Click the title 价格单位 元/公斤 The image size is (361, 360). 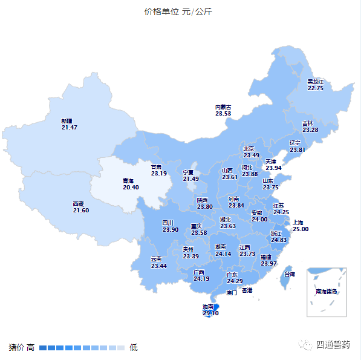178,12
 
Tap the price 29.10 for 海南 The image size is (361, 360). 210,313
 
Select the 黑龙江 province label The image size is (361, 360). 315,81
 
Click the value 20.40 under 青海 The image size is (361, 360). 131,188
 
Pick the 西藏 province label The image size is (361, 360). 78,203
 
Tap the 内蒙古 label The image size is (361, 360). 223,107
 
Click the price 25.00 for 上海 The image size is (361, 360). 301,229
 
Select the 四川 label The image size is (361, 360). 167,223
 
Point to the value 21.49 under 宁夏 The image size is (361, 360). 191,179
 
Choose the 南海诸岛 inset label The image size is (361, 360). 327,292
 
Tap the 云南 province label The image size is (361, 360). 156,259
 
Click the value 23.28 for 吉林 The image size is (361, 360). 310,130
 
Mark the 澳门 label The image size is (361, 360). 232,292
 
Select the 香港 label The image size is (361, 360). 247,290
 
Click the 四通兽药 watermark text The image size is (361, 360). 333,345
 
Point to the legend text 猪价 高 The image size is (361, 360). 22,347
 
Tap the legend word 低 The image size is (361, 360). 134,347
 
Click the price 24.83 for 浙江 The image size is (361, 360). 279,240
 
